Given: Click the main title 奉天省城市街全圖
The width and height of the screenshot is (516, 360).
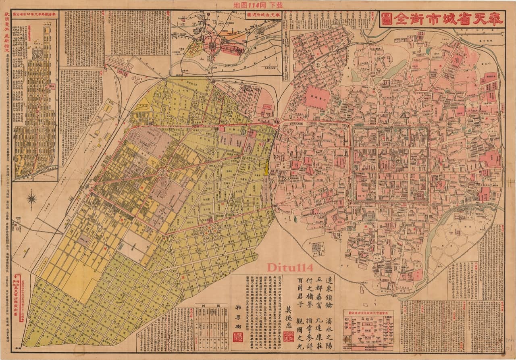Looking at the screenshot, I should (442, 19).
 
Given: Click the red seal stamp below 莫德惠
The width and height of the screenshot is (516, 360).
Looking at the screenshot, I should (289, 336).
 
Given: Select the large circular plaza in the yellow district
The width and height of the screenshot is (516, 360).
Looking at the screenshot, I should (163, 173).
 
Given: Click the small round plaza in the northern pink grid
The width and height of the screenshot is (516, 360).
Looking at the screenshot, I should (318, 64).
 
